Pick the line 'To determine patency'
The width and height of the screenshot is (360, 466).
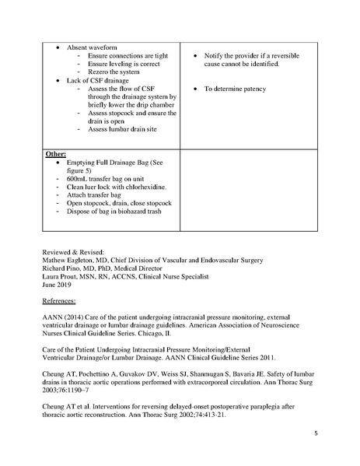pos(235,89)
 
